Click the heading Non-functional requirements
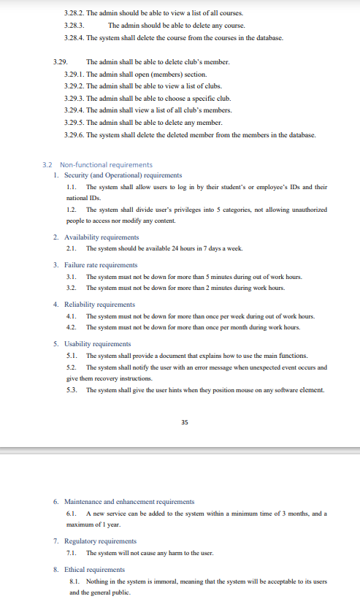(106, 165)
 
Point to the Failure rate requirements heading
(101, 265)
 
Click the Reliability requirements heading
(100, 304)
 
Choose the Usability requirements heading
(98, 343)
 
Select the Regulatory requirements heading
(101, 541)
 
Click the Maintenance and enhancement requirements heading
(129, 502)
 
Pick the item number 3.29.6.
(74, 135)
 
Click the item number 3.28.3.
(74, 26)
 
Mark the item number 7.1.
(72, 553)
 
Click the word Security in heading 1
(77, 175)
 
